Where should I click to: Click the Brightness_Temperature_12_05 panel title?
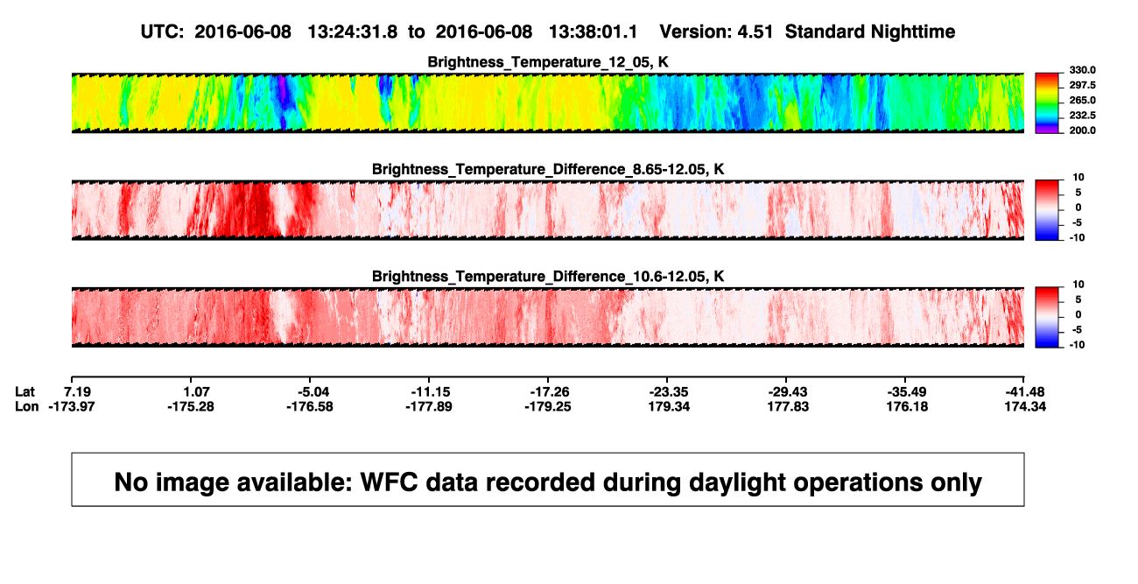548,62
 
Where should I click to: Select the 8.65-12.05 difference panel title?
548,169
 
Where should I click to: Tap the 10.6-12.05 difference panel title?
548,277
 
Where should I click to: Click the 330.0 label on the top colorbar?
1082,70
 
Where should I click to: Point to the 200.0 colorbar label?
1082,130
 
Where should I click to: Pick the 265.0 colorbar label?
1082,100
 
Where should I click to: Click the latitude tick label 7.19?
77,392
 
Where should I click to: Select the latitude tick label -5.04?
313,392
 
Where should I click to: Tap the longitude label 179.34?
669,406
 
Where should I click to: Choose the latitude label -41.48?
1025,392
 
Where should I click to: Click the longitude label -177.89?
429,406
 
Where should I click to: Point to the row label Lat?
25,392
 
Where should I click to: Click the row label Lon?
26,406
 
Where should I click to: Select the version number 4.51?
755,32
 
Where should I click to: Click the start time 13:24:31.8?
353,32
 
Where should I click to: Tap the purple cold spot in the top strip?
283,91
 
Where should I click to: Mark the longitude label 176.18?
908,406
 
